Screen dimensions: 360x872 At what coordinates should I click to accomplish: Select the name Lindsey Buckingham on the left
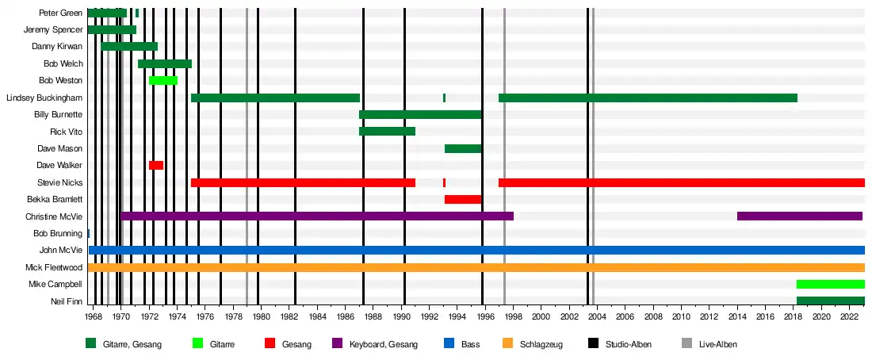[x=44, y=98]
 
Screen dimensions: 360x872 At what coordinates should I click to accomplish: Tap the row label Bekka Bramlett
[x=55, y=199]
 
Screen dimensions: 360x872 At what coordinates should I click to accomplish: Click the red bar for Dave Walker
[x=156, y=165]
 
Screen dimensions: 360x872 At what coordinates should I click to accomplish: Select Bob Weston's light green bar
[x=163, y=80]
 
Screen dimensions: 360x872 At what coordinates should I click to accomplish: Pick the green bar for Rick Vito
[x=387, y=131]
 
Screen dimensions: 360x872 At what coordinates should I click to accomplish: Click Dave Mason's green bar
[x=463, y=148]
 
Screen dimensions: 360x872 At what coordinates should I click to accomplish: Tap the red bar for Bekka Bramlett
[x=463, y=199]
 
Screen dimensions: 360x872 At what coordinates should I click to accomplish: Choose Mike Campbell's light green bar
[x=830, y=284]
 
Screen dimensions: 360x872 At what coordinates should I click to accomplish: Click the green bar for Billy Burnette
[x=420, y=114]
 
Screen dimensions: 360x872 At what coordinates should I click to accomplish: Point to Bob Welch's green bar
[x=165, y=63]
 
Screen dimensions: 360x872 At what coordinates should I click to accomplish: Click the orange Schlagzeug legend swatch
[x=508, y=344]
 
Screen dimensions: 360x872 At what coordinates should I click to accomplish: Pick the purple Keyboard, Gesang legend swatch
[x=336, y=344]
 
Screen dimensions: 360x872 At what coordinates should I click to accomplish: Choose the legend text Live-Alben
[x=717, y=344]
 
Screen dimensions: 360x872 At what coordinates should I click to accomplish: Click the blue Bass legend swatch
[x=448, y=344]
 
